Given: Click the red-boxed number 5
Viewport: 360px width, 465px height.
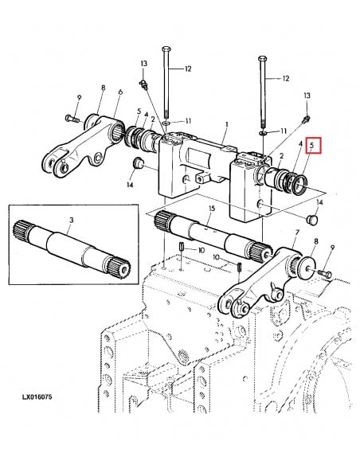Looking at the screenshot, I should click(x=312, y=146).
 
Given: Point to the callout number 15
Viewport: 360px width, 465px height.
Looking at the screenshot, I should click(x=211, y=208).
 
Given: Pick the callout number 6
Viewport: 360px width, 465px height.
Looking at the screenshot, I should click(x=119, y=93).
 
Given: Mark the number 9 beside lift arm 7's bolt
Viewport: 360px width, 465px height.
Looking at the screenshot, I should click(x=332, y=248).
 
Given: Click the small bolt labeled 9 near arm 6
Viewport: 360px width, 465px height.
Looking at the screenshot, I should click(x=70, y=119).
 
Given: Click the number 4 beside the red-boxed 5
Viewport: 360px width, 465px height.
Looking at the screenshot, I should click(x=299, y=146).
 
